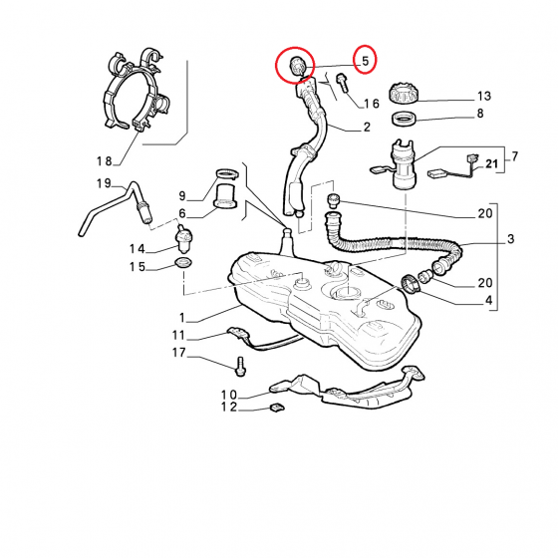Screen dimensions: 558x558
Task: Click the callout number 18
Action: click(105, 161)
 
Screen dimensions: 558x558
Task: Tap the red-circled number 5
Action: click(366, 61)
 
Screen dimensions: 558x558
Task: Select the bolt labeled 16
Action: click(342, 83)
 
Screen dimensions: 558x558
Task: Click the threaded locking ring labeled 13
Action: click(404, 94)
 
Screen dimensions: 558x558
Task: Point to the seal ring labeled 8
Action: click(404, 119)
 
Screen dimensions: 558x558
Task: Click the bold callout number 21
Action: click(491, 163)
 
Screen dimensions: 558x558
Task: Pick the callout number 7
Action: click(514, 156)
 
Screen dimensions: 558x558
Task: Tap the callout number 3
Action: click(510, 238)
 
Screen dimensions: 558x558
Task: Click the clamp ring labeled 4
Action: click(411, 284)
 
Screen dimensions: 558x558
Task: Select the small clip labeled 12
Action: click(277, 408)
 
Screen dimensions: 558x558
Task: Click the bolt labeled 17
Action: click(240, 367)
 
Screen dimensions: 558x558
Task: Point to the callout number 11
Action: click(178, 335)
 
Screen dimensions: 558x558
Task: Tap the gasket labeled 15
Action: click(183, 264)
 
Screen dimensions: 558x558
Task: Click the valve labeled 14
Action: click(183, 238)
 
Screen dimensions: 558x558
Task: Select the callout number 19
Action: click(104, 183)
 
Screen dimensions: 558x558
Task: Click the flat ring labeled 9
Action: click(228, 174)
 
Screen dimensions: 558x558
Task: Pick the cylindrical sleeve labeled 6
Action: click(225, 196)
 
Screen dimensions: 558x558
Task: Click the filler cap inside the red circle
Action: click(297, 66)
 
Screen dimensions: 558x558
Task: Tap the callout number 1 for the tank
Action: click(182, 318)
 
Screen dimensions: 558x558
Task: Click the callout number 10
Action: click(229, 395)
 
